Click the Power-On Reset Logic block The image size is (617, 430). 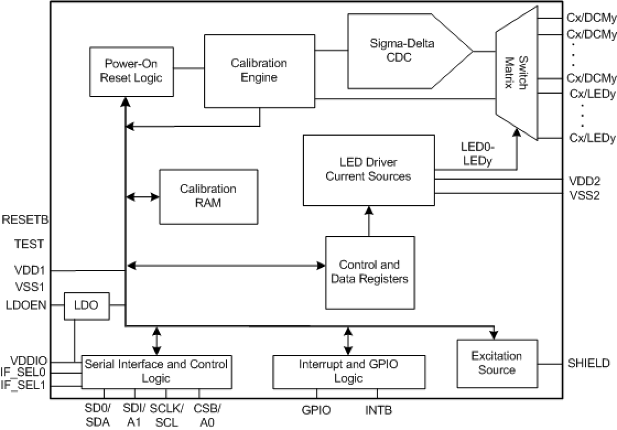coord(132,72)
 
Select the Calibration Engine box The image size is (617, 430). coord(259,71)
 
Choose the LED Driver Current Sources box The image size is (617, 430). coord(369,170)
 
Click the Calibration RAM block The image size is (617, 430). coord(208,196)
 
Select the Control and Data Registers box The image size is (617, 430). coord(370,272)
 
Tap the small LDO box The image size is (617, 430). coord(87,305)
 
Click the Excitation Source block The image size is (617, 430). coord(497,363)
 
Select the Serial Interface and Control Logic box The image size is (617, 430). coord(156,371)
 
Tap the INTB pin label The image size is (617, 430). coord(379,410)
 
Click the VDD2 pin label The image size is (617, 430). coord(583,181)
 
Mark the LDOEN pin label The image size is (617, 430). coord(27,305)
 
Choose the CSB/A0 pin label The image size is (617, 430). coord(207,415)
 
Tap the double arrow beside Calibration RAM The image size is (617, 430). coord(142,197)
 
